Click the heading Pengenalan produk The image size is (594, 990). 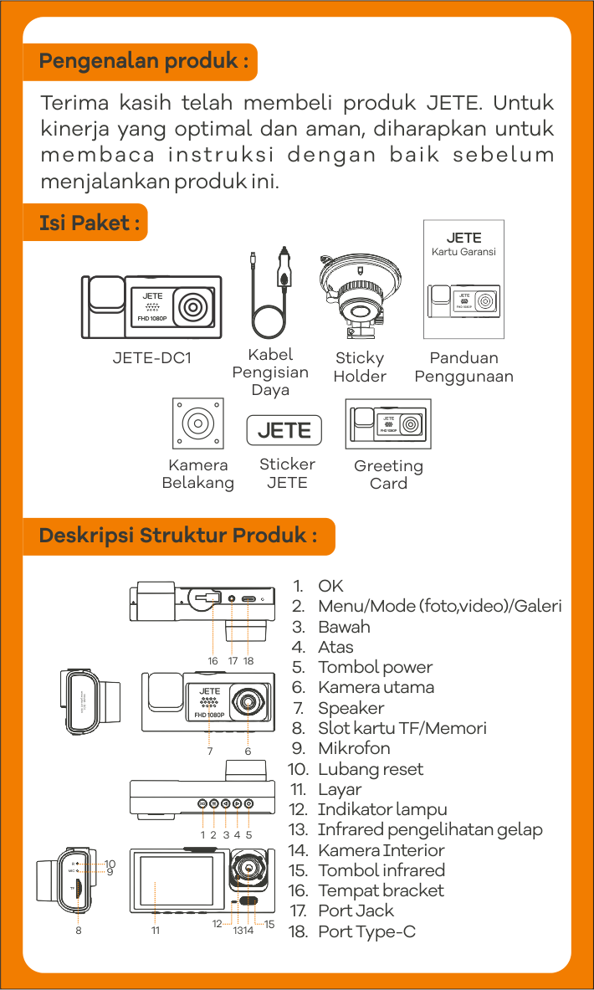[x=143, y=62]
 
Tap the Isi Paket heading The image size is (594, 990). [x=84, y=223]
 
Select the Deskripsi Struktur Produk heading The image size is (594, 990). [x=178, y=536]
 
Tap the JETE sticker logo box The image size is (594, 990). [x=284, y=430]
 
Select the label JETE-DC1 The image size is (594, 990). [x=152, y=358]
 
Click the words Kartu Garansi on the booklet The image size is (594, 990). [x=463, y=252]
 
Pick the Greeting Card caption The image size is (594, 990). [x=388, y=474]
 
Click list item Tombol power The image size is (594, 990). [x=375, y=667]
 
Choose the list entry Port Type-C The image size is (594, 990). [x=366, y=931]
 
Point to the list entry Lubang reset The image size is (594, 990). [x=371, y=769]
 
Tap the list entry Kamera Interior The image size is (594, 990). [x=381, y=850]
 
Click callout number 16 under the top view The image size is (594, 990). [x=213, y=661]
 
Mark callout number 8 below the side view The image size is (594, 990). [x=79, y=930]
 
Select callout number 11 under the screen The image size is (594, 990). [x=156, y=930]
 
